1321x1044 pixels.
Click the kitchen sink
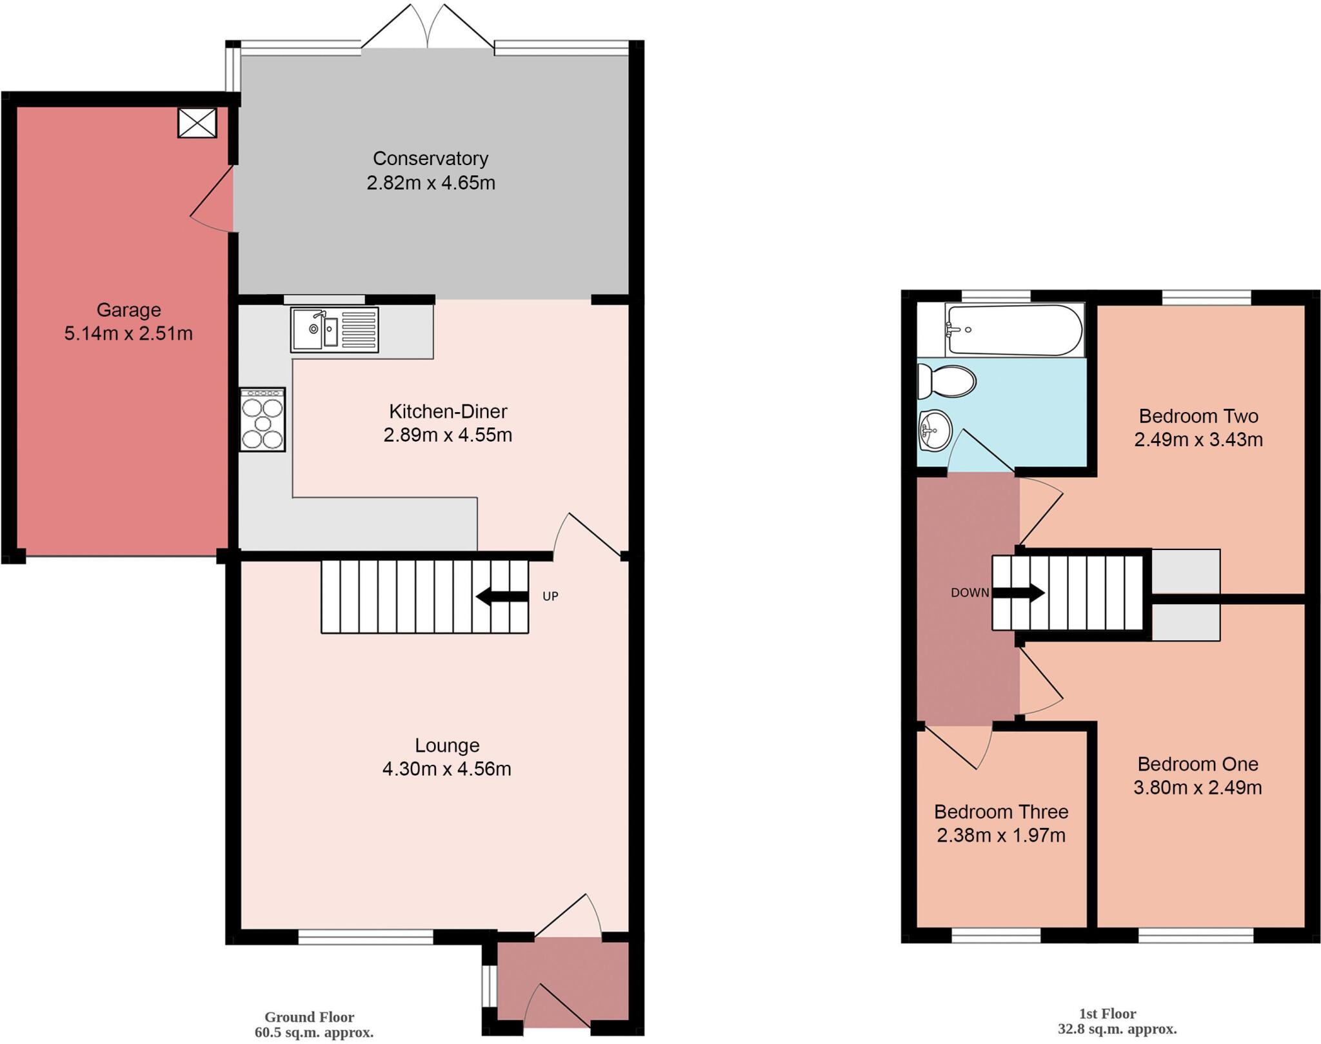click(333, 330)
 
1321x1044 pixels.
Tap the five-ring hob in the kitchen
click(263, 420)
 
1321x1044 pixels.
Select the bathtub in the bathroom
click(1014, 330)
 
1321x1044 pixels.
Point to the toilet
click(946, 382)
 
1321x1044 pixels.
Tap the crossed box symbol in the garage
click(197, 123)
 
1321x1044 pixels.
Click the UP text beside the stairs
click(550, 596)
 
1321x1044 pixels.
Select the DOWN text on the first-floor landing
click(969, 593)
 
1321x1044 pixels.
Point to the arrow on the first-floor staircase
click(1019, 593)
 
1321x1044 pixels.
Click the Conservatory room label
click(430, 159)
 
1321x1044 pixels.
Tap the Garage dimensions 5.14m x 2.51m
click(128, 334)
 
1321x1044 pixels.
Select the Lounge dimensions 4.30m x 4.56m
click(446, 769)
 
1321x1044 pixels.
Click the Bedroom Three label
click(1001, 811)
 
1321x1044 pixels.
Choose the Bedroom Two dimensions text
click(1198, 440)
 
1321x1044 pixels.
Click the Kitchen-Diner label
click(448, 411)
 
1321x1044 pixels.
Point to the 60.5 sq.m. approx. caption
click(313, 1032)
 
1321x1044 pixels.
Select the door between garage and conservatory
click(212, 200)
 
